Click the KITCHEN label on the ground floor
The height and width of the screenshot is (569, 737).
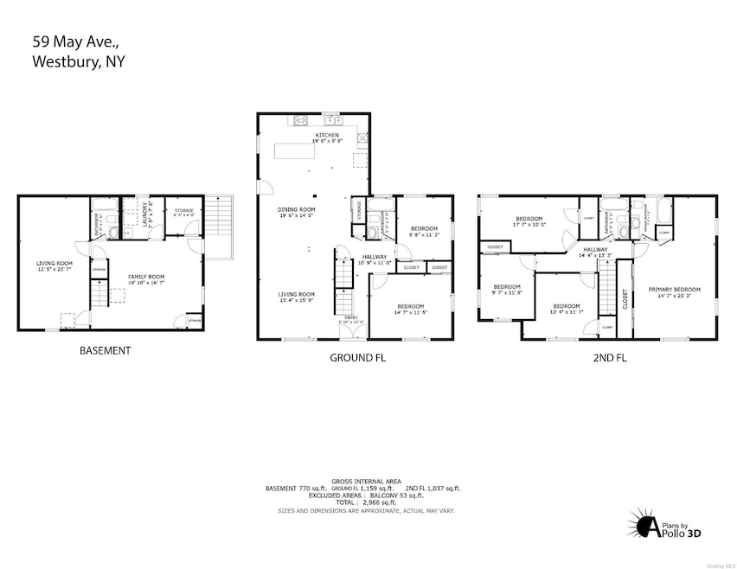[326, 135]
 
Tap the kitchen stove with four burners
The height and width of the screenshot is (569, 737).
[302, 120]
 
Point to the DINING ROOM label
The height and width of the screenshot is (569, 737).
[296, 209]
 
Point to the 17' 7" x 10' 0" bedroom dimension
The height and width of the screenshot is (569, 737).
[529, 225]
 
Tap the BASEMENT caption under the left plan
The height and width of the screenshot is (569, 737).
[105, 350]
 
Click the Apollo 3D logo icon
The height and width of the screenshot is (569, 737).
[644, 526]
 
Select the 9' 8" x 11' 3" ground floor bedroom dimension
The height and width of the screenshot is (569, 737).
[424, 234]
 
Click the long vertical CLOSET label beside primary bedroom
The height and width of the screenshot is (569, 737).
[625, 299]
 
